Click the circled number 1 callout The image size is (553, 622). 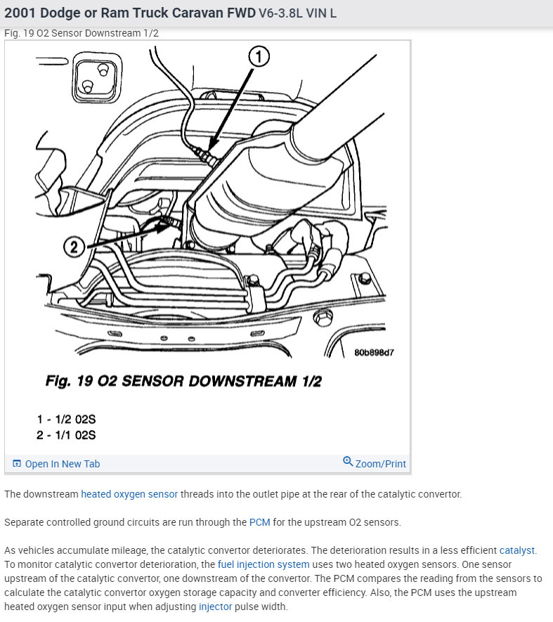pos(259,56)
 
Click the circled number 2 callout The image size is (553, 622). pos(74,247)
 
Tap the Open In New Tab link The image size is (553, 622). pos(63,464)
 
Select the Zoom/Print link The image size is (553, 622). pos(380,464)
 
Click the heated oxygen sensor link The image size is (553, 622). pos(129,494)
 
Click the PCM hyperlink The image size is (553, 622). pos(259,522)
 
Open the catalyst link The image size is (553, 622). pos(517,550)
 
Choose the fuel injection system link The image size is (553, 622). pos(264,564)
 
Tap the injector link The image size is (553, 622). pos(216,607)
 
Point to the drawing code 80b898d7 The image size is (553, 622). pos(374,353)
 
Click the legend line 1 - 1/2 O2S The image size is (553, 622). pos(66,420)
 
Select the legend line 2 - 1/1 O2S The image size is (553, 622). pos(66,435)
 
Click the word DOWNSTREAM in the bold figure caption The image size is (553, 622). pos(242,381)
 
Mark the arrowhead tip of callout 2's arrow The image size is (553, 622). pos(171,224)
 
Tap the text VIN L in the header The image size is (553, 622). pos(321,13)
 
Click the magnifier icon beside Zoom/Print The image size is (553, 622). pos(348,461)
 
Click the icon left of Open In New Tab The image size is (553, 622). pos(17,463)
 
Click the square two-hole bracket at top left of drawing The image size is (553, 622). pos(97,78)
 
